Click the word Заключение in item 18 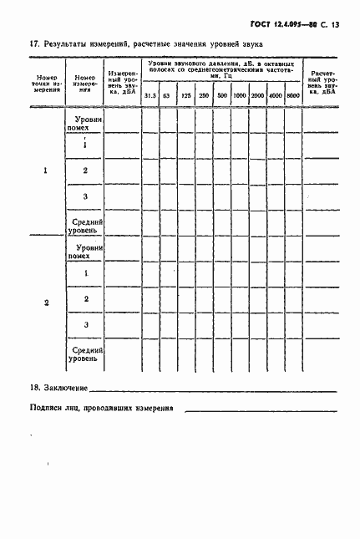coord(66,388)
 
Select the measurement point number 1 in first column coord(45,170)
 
